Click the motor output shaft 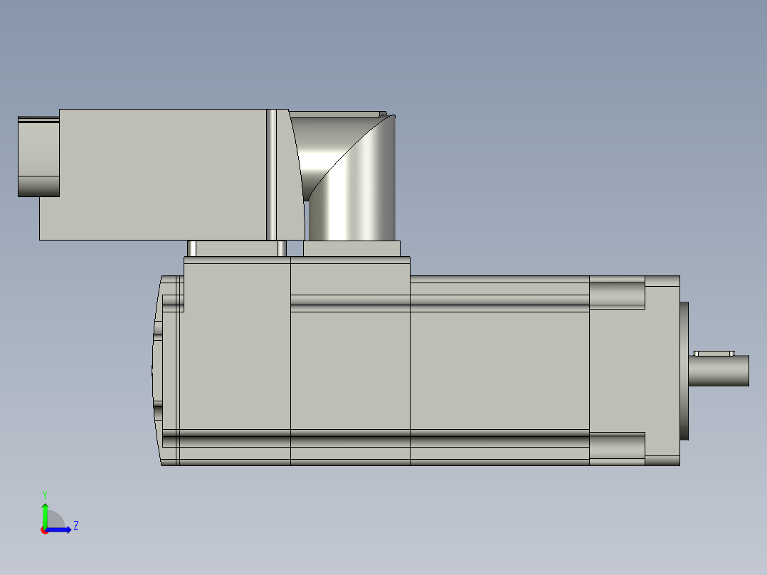(720, 371)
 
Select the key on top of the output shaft (714, 353)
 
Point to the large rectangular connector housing (157, 174)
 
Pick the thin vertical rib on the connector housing (271, 174)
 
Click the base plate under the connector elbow (351, 248)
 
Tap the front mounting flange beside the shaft (662, 371)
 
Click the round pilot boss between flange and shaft (684, 371)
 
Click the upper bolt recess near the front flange (617, 295)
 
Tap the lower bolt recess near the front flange (617, 446)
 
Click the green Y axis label (44, 494)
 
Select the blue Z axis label (75, 526)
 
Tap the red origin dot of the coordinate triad (44, 530)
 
